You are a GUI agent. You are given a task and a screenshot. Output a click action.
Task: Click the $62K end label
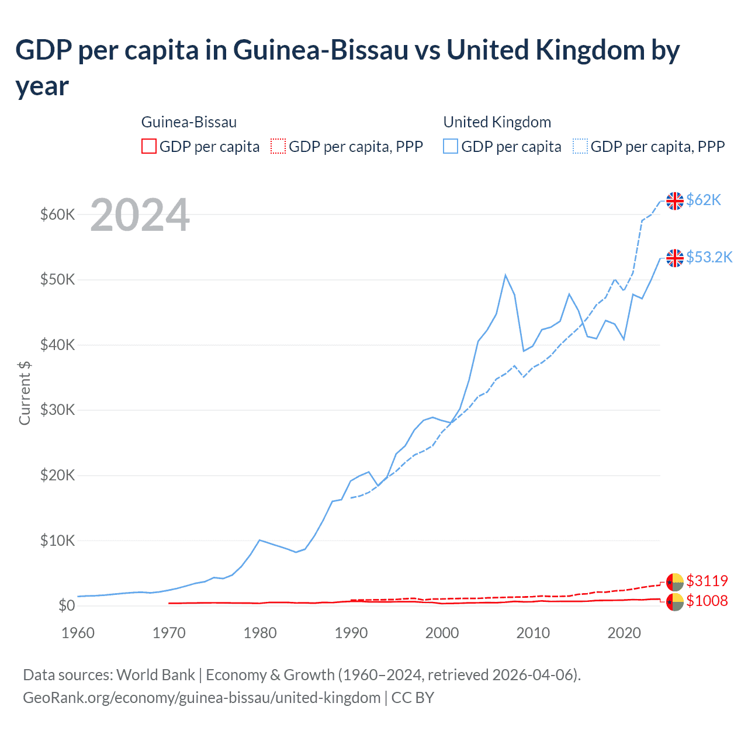704,200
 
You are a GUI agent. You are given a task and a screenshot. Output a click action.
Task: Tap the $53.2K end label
709,257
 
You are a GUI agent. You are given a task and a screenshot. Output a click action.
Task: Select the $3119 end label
707,581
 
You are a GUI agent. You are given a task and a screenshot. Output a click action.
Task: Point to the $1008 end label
707,601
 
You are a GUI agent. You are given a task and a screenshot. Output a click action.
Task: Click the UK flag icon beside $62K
675,200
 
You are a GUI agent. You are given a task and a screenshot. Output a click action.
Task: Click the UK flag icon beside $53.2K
675,258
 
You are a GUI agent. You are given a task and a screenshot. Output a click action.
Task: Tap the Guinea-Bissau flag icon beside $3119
675,581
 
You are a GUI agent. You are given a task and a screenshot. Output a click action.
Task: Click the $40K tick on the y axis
58,345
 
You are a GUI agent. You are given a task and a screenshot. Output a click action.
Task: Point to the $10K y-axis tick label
58,541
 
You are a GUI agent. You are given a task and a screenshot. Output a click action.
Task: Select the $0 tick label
67,605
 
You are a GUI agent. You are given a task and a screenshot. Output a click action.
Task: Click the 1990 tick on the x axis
351,633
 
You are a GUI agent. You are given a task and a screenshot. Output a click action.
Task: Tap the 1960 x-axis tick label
78,633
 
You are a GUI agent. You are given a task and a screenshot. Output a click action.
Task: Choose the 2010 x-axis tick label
533,633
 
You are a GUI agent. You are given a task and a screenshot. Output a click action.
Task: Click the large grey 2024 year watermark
140,215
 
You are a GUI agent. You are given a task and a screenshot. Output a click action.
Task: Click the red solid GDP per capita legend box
149,146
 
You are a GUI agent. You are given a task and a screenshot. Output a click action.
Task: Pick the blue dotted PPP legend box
580,146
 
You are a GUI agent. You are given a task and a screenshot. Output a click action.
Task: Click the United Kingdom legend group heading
497,122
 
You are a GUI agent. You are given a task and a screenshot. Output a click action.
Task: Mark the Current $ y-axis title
25,393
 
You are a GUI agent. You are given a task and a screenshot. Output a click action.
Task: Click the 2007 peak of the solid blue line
505,275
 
